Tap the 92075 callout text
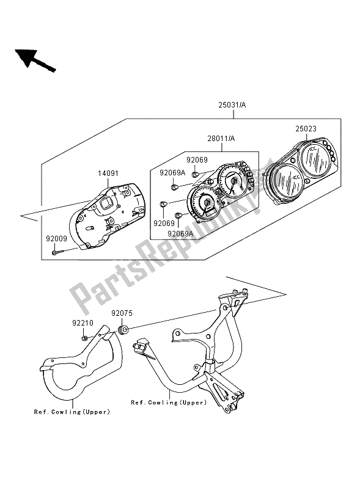coord(121,314)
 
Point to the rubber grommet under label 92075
coord(122,331)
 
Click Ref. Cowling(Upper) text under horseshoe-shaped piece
coord(73,412)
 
